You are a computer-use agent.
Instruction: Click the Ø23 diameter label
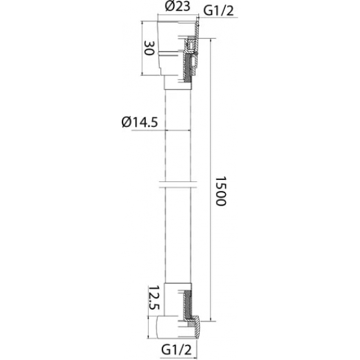pos(177,7)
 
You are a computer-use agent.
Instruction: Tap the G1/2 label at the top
pos(219,10)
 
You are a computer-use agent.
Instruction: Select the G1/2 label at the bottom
pos(176,350)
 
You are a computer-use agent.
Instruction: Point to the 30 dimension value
pos(149,48)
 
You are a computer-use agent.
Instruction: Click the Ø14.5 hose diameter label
pos(139,122)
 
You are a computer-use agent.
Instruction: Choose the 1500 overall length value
pos(221,191)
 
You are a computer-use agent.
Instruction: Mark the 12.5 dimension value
pos(154,298)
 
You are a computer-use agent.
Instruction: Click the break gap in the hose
pos(178,185)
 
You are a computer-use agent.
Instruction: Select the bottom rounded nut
pos(177,327)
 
